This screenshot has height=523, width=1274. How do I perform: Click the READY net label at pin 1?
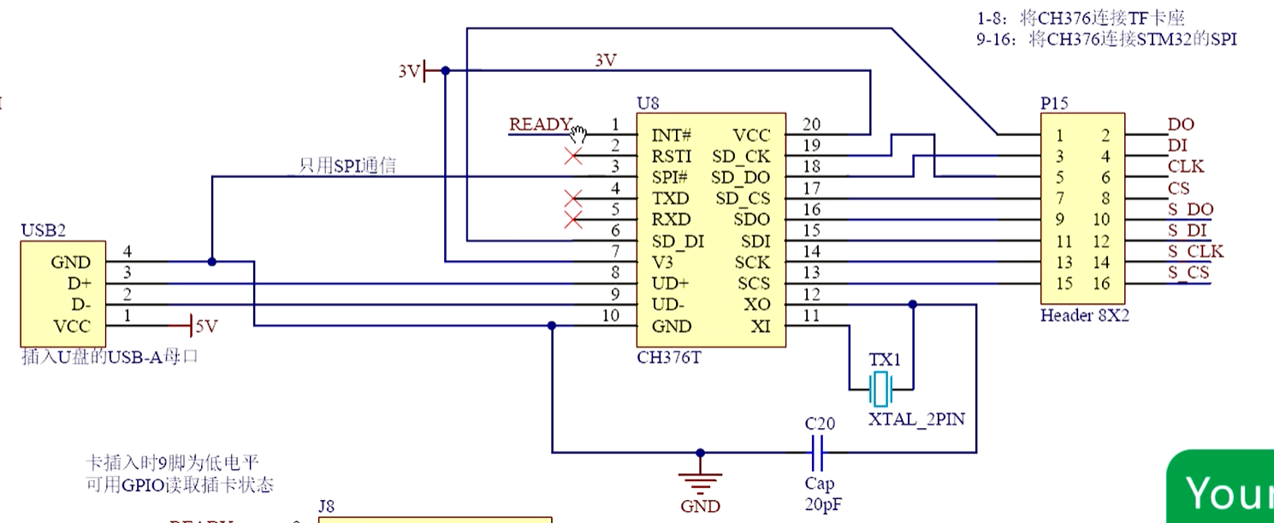[539, 125]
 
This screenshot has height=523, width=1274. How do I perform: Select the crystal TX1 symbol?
[880, 390]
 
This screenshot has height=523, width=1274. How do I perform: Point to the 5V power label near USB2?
[206, 326]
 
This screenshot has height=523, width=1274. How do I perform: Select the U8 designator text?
[648, 104]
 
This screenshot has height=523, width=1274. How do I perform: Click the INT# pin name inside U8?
[671, 135]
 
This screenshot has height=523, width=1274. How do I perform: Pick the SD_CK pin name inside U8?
[740, 157]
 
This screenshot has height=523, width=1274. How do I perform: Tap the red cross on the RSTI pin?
[574, 157]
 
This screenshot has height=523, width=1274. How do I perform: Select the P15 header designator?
[1055, 104]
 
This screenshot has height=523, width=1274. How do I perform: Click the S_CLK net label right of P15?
[1195, 252]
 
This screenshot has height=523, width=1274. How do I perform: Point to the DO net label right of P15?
[1181, 125]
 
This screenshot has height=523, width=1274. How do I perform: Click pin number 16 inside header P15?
[1100, 284]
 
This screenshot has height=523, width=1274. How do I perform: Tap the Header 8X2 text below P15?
[1084, 316]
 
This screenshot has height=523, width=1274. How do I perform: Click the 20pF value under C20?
[822, 505]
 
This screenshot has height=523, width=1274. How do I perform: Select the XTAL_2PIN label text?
[916, 420]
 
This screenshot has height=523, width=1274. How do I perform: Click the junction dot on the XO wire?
[913, 305]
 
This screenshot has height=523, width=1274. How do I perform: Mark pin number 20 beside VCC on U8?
[810, 125]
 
